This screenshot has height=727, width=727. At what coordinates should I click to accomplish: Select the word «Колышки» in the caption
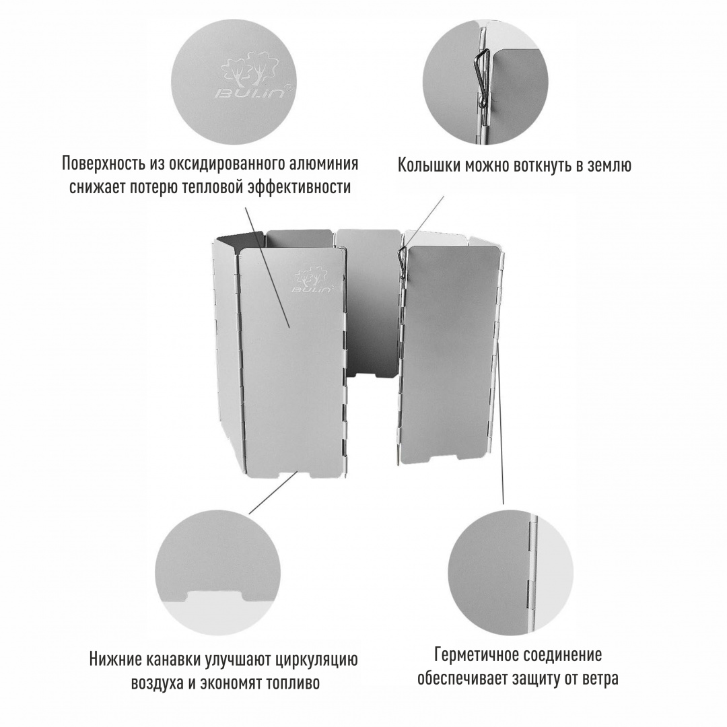coord(425,166)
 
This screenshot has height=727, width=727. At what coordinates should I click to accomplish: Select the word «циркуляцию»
coord(320,660)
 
